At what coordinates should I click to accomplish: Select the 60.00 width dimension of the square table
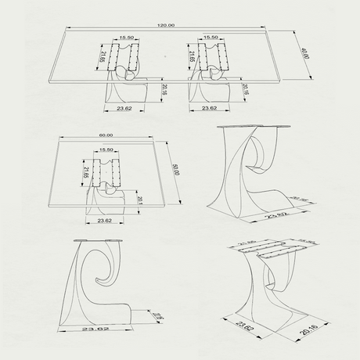click(106, 135)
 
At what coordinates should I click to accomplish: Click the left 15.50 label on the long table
click(126, 38)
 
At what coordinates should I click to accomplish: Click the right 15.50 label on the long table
click(210, 38)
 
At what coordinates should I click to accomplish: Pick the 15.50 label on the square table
click(107, 149)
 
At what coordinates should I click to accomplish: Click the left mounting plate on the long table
click(124, 57)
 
